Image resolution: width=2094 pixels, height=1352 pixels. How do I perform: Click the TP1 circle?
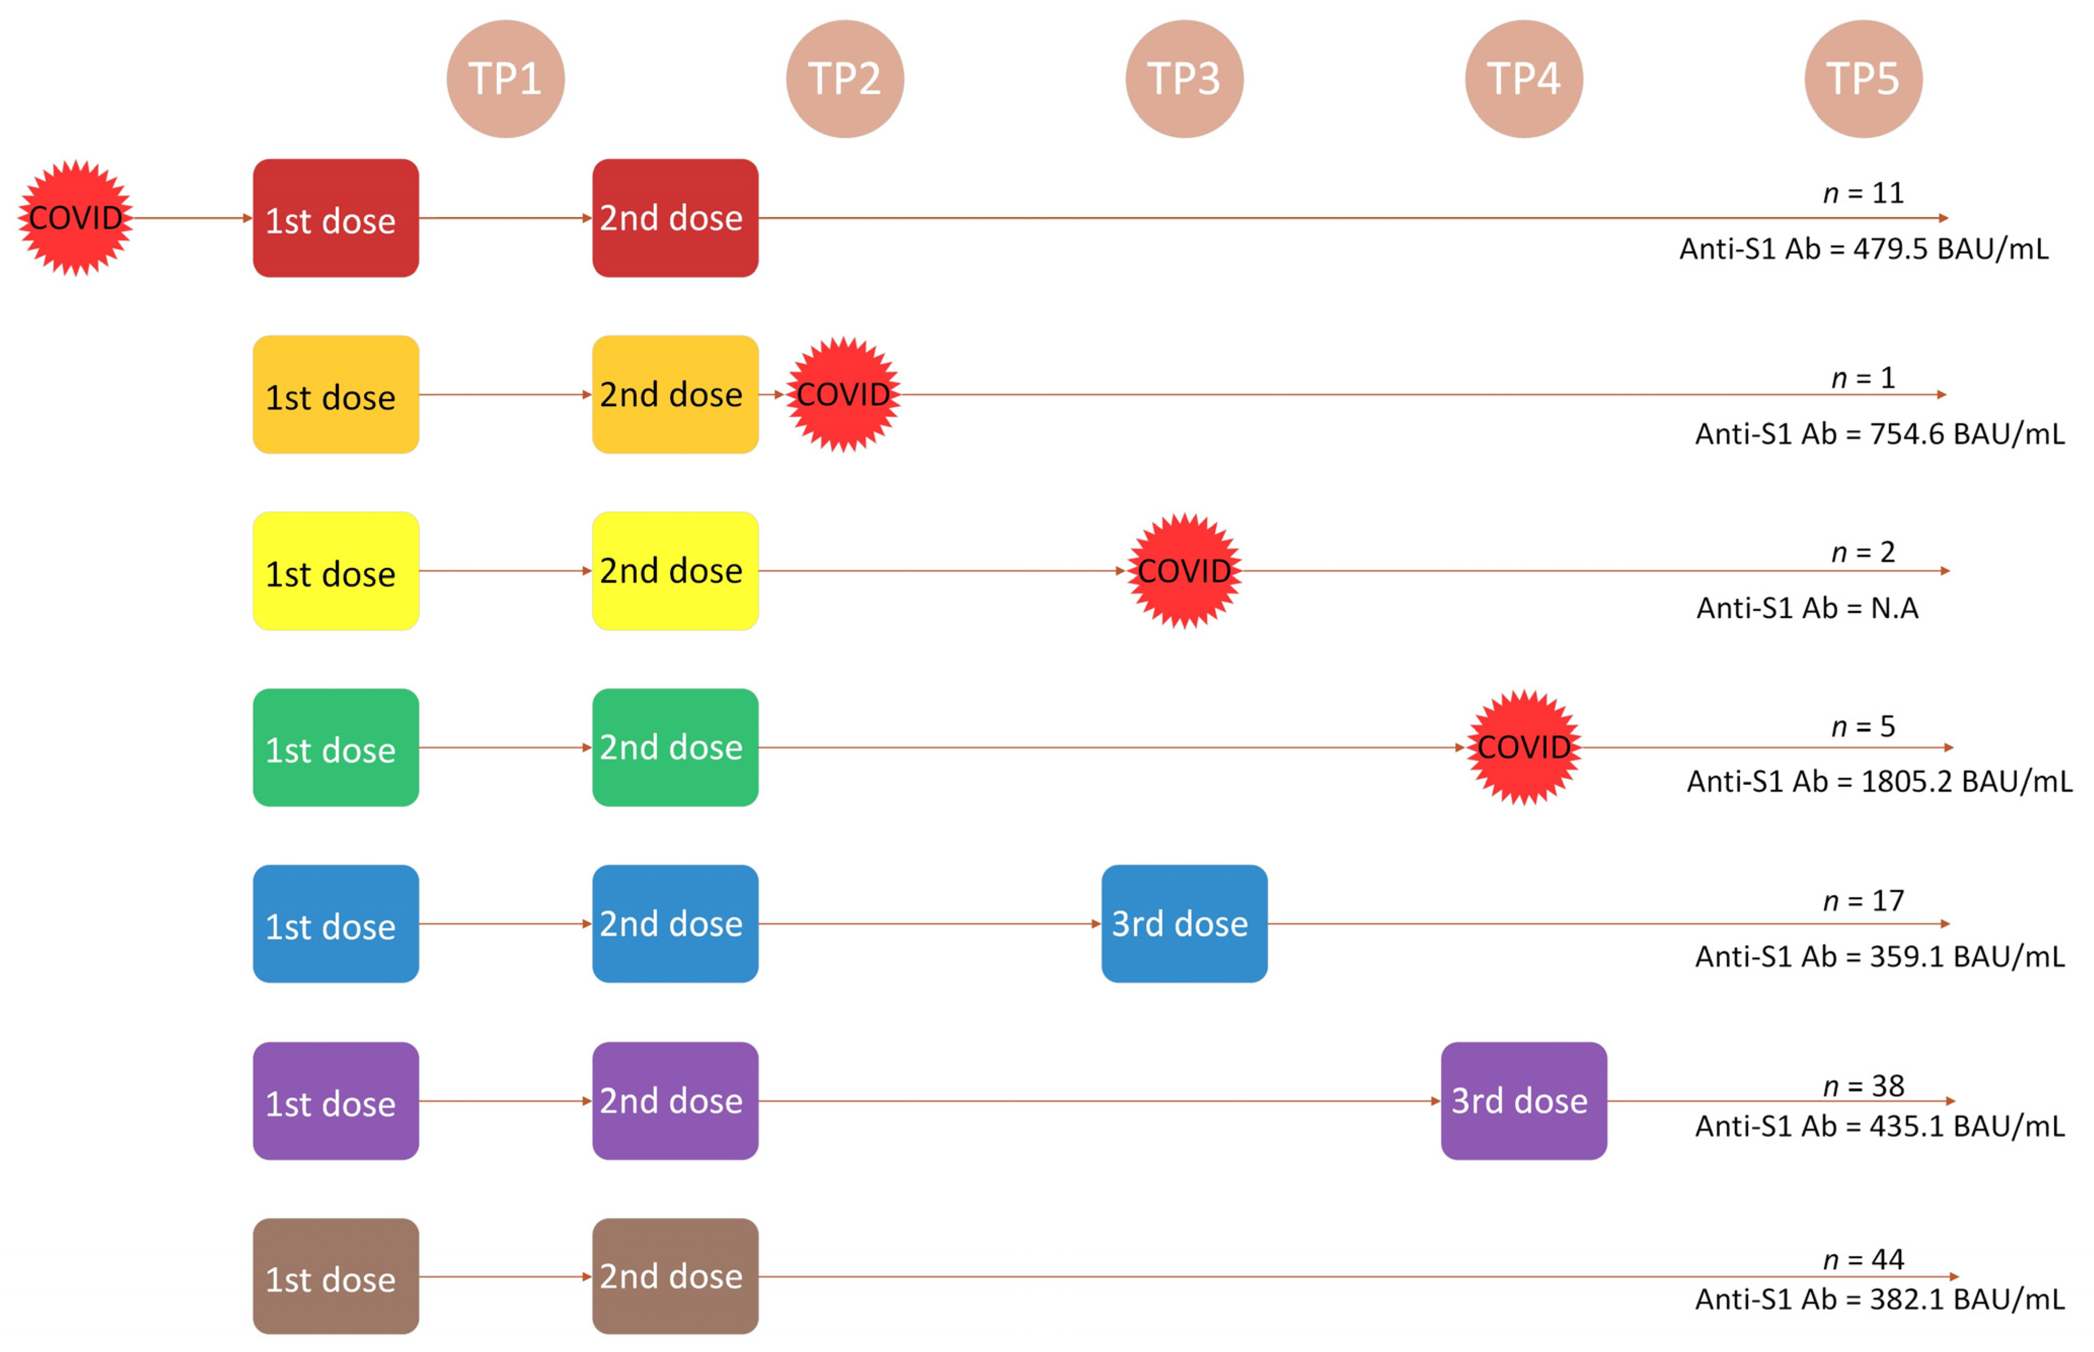point(505,79)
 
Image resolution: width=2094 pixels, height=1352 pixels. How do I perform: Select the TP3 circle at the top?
point(1184,79)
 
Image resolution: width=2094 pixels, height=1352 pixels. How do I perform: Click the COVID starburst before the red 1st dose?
point(76,217)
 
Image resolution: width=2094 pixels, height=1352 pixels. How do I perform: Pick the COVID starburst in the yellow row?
point(1184,571)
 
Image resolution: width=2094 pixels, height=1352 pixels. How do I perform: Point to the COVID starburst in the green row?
point(1524,747)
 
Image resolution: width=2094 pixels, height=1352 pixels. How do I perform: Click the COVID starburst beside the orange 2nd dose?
point(843,394)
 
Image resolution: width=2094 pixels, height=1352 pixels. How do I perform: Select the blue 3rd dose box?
point(1184,924)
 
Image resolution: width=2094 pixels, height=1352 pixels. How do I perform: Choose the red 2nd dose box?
point(675,217)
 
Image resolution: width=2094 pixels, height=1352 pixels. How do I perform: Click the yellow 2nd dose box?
point(675,571)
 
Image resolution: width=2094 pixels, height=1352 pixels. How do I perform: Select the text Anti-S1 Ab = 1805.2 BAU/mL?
point(1879,781)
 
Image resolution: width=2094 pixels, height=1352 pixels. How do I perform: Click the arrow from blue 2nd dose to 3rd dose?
point(929,924)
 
